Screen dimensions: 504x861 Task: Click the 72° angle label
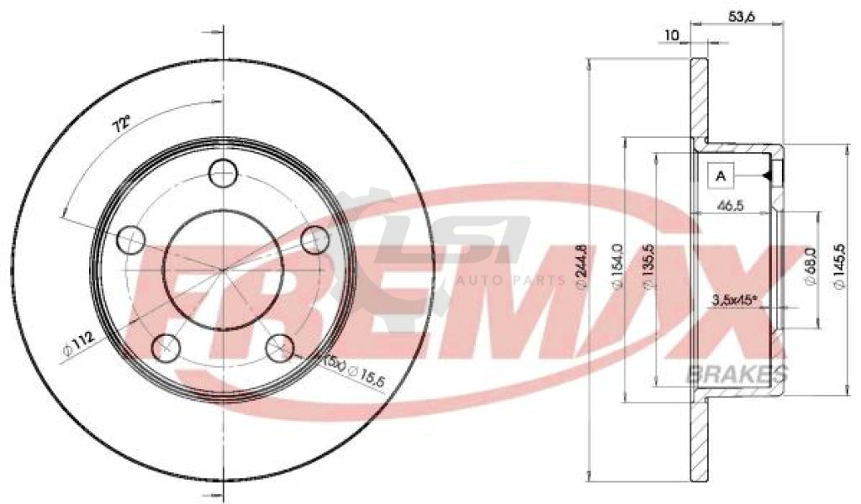tap(122, 126)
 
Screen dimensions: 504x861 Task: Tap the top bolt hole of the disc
tap(223, 174)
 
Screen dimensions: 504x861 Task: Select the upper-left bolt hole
tap(130, 240)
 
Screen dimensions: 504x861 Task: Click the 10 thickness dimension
tap(671, 34)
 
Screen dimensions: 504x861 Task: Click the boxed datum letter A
tap(721, 176)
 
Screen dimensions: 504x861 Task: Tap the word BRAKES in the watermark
tap(737, 375)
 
